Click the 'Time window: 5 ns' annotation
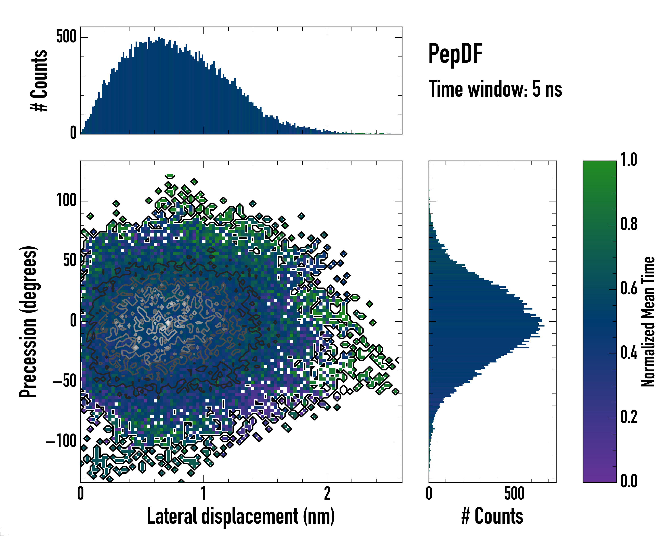[495, 89]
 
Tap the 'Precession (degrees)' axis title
[28, 321]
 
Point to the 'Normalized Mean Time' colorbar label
[648, 321]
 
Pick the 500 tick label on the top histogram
[66, 37]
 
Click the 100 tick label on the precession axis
[66, 200]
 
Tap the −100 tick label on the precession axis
[61, 441]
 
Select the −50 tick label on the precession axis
[64, 381]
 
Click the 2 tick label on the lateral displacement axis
[327, 493]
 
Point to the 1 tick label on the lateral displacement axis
[203, 493]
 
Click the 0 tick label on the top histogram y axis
[73, 133]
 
